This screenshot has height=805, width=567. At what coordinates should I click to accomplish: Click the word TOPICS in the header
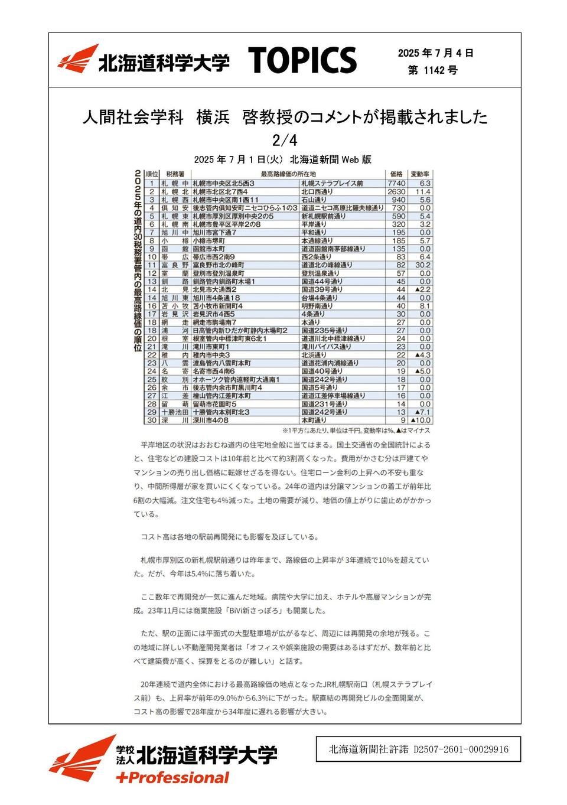[302, 61]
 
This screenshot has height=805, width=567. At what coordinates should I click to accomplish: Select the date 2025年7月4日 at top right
[435, 53]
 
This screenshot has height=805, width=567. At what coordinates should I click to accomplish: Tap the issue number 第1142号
[432, 70]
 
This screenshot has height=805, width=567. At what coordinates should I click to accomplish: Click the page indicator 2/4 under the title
[284, 141]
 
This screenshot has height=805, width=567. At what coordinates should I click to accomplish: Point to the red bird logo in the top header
[78, 59]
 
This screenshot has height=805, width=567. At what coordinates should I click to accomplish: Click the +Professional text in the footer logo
[172, 778]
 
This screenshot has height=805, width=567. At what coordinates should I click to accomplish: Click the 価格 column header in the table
[396, 174]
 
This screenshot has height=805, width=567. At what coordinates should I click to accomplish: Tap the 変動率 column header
[421, 174]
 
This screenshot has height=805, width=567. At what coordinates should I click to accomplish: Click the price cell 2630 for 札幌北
[396, 192]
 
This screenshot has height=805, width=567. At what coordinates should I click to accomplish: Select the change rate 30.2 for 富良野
[422, 265]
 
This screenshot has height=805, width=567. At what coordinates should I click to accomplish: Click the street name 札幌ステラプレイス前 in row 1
[332, 184]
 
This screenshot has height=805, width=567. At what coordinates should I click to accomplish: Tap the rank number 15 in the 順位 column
[152, 298]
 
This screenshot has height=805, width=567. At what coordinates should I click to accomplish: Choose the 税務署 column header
[175, 174]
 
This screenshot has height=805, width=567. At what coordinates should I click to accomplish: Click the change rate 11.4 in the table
[423, 192]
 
